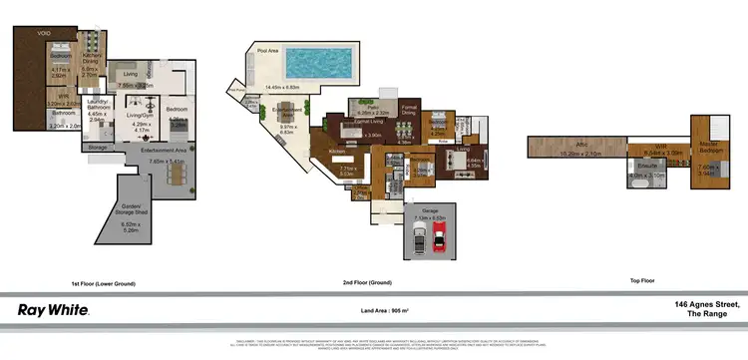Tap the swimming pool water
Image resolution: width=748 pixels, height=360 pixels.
pyautogui.click(x=320, y=65)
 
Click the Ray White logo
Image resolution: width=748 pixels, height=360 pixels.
pyautogui.click(x=54, y=310)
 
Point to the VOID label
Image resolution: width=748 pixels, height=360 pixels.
pyautogui.click(x=44, y=32)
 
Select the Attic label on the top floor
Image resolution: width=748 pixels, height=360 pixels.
pyautogui.click(x=571, y=147)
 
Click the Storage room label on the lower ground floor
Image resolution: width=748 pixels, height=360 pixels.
pyautogui.click(x=97, y=147)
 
